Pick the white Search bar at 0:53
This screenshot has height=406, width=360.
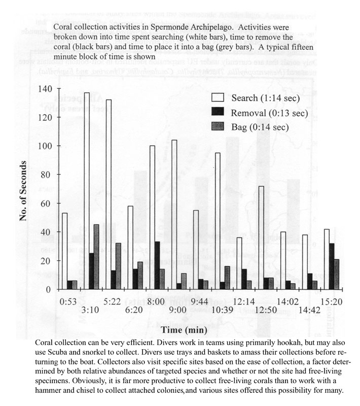click(x=65, y=251)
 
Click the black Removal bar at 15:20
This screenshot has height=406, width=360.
click(x=332, y=266)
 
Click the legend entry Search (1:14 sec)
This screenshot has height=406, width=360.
click(x=259, y=98)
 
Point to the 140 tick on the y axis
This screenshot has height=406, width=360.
click(x=45, y=89)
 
